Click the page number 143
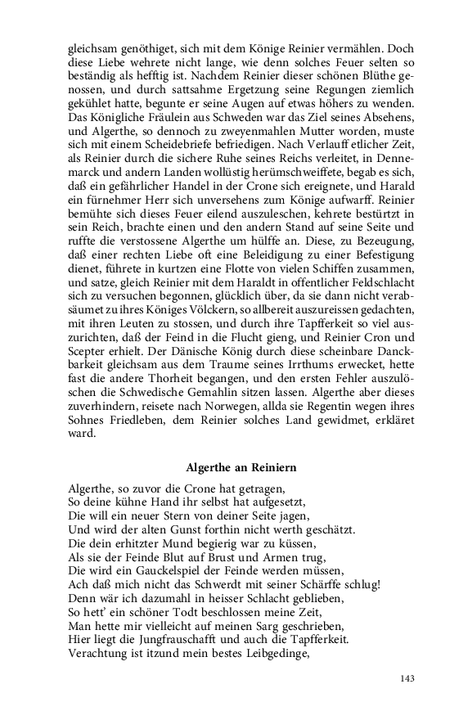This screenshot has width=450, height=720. pyautogui.click(x=409, y=678)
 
